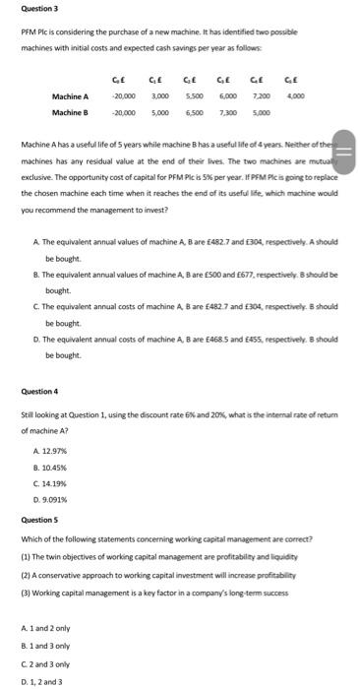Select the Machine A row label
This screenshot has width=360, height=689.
71,96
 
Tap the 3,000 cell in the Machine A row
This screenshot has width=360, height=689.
159,96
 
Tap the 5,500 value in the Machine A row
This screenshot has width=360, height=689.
194,96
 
